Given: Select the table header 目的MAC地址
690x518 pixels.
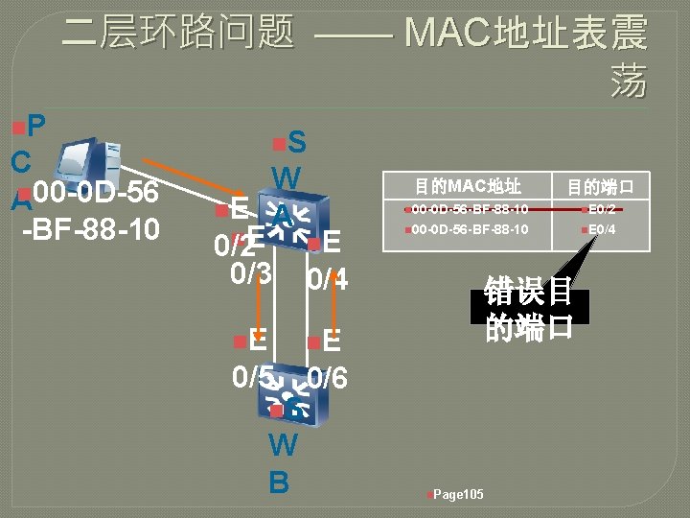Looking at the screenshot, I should (x=468, y=185).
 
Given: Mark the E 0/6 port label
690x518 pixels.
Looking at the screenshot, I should (x=327, y=361).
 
